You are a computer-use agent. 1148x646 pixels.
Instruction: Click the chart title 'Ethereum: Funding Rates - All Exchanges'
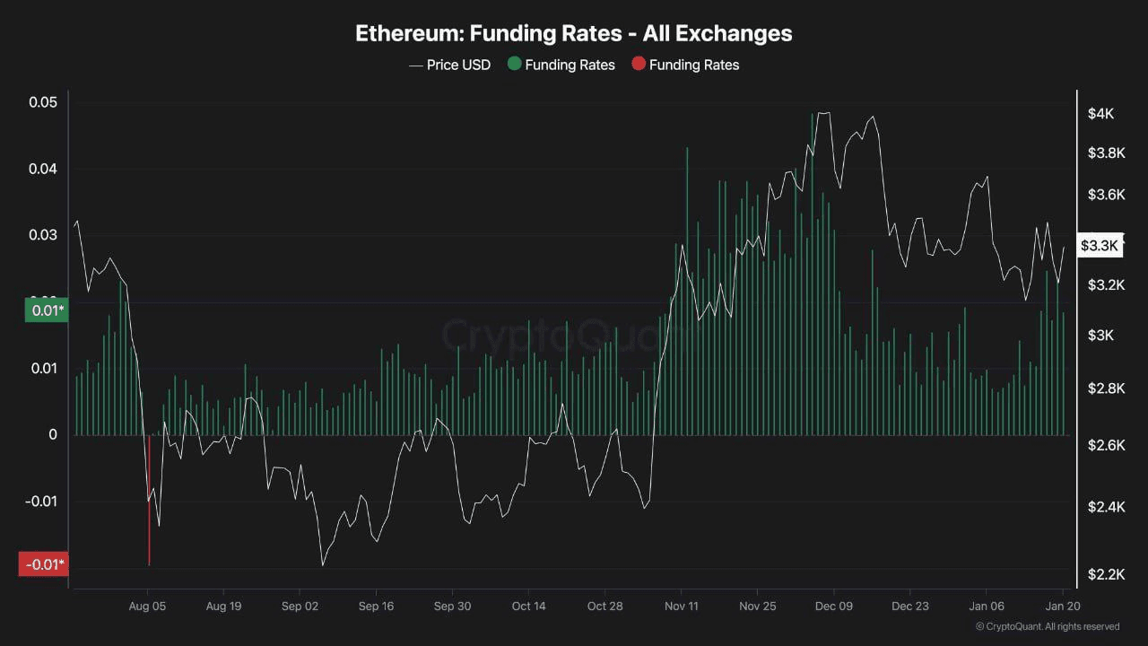click(x=574, y=34)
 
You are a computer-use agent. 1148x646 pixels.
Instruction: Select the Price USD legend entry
click(x=450, y=65)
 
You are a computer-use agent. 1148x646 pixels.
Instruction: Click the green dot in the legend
click(x=514, y=64)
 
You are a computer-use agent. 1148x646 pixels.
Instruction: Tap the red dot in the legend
click(x=639, y=64)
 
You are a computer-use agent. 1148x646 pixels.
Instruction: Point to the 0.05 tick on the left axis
click(x=43, y=102)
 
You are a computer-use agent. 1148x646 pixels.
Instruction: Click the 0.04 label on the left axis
click(x=43, y=169)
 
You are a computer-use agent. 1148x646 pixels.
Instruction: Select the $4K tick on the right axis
click(x=1100, y=114)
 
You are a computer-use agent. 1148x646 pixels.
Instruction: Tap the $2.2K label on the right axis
click(x=1106, y=574)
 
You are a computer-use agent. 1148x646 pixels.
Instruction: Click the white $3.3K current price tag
click(x=1100, y=245)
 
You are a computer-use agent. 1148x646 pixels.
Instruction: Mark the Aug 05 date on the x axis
click(x=148, y=607)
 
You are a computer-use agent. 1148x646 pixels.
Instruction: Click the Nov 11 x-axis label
click(x=682, y=607)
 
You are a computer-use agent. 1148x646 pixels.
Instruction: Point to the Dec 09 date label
click(x=834, y=607)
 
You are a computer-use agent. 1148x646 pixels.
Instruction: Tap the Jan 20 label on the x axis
click(x=1062, y=607)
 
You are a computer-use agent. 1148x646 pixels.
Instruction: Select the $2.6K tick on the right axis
click(x=1106, y=446)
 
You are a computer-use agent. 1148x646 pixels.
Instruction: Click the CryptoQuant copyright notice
click(x=1047, y=626)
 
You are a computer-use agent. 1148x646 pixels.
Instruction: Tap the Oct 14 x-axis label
click(x=529, y=607)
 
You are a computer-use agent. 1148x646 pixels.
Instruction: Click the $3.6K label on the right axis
click(x=1106, y=195)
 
